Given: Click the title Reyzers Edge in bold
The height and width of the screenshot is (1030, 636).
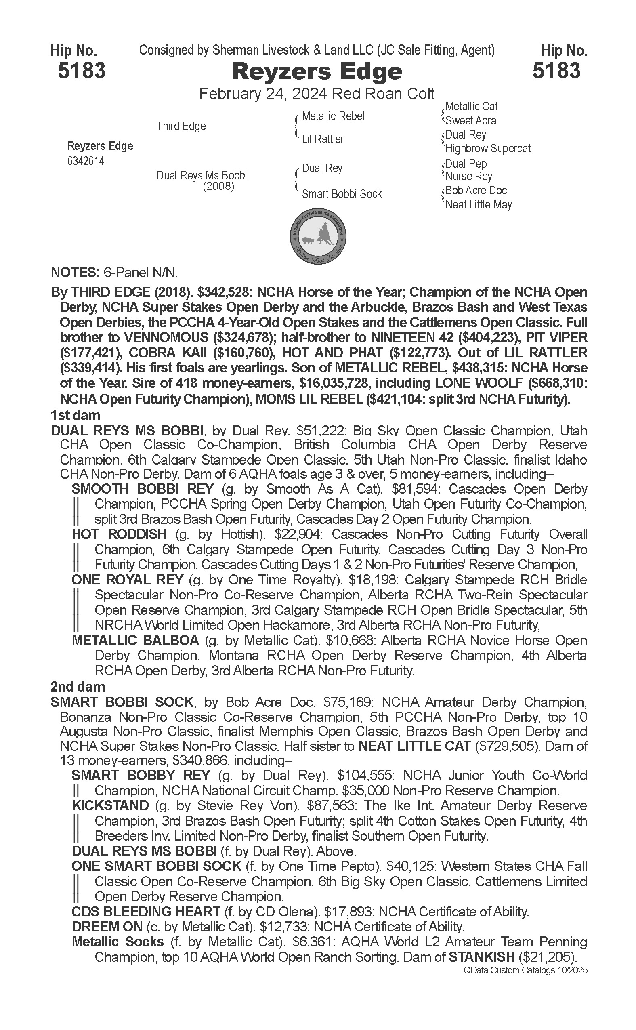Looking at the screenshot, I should (317, 71).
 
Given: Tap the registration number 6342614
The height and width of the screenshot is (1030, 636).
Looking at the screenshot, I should (85, 162).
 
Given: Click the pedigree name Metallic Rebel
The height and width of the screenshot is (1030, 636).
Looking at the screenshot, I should (333, 116).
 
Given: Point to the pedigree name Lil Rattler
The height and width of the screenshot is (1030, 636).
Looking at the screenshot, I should (323, 139).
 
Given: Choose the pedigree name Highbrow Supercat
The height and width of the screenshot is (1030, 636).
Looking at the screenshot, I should (487, 149).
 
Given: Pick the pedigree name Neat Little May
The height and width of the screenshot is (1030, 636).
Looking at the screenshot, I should (478, 205).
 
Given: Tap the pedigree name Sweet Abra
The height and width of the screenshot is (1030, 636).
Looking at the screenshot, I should (470, 121).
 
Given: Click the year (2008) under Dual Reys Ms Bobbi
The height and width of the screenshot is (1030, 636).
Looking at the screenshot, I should (218, 186).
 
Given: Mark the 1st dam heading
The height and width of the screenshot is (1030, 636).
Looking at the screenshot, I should (75, 416).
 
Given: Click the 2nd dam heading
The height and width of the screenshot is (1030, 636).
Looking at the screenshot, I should (78, 687).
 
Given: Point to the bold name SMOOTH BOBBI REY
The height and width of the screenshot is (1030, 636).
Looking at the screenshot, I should (143, 489).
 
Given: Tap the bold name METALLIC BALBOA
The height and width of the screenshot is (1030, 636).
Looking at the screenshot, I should (135, 640).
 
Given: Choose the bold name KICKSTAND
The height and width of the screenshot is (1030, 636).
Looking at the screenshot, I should (110, 806).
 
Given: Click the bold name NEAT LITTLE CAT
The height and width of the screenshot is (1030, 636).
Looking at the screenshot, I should (414, 746).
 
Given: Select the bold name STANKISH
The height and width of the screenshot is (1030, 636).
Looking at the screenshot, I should (482, 957).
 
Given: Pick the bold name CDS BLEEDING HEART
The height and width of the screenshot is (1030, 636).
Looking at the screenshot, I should (145, 912).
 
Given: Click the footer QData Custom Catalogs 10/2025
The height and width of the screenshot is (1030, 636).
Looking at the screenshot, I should (525, 971).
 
